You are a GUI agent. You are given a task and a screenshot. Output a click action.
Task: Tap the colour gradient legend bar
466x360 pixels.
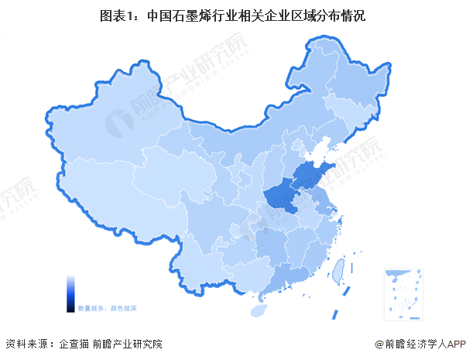[70, 294]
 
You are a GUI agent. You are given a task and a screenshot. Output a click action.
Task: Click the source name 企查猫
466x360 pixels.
[74, 344]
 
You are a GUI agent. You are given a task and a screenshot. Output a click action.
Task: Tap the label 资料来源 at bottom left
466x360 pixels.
[26, 344]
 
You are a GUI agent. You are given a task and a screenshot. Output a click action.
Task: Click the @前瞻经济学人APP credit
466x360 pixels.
[418, 344]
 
